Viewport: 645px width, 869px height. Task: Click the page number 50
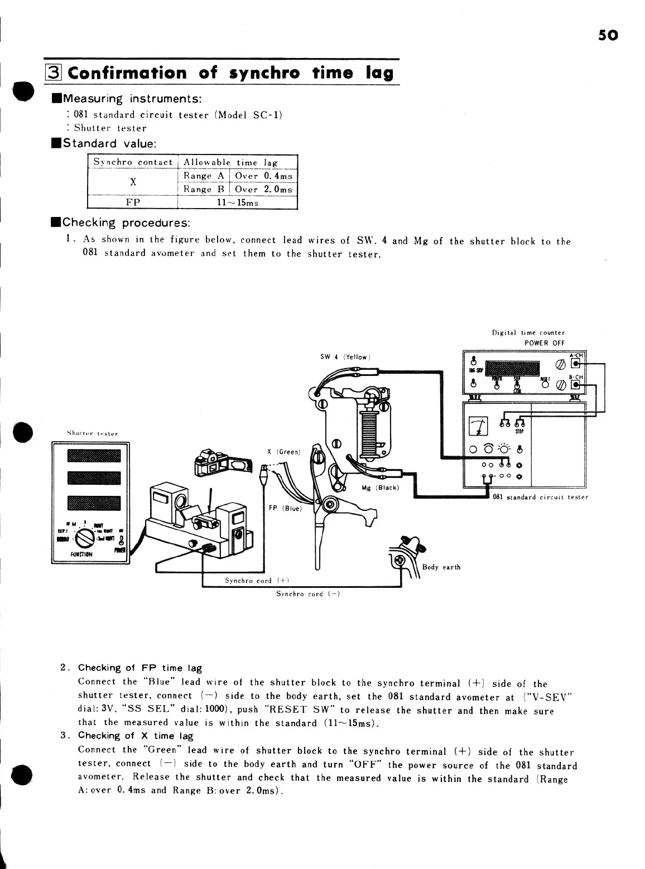pos(608,36)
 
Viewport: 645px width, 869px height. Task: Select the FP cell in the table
pos(132,202)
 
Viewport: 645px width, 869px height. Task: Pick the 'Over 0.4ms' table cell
pos(263,176)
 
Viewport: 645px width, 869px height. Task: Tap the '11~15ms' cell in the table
pos(237,202)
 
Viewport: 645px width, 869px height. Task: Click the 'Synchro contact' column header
pos(133,162)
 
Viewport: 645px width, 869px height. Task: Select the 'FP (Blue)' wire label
pos(285,508)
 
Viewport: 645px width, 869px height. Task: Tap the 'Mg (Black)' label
pos(380,487)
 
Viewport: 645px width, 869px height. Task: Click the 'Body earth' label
pos(441,567)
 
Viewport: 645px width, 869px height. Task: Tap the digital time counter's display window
pos(513,369)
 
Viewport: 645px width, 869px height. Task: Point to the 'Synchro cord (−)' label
pos(308,594)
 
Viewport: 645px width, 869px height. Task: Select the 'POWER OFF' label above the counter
pos(545,343)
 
